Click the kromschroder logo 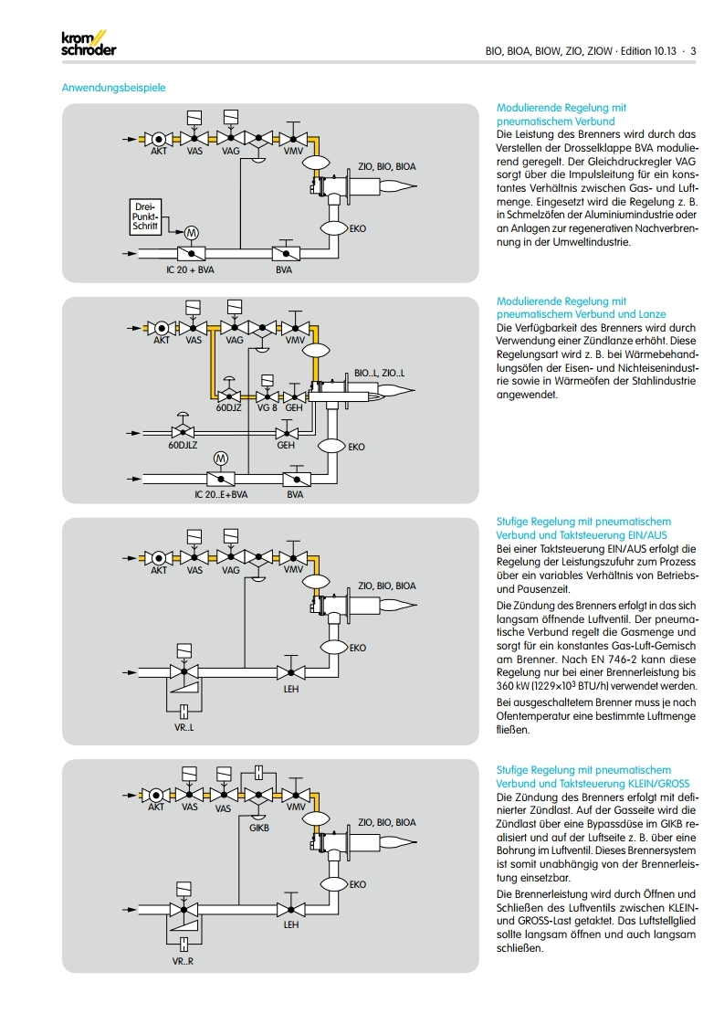click(x=88, y=44)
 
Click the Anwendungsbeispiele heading click(x=113, y=89)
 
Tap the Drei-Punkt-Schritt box click(x=146, y=217)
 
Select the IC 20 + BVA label click(x=190, y=271)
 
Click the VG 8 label click(x=267, y=408)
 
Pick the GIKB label click(x=259, y=829)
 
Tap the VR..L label click(x=184, y=728)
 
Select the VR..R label click(x=184, y=962)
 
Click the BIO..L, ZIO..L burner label click(x=379, y=374)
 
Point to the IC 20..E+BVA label click(x=221, y=494)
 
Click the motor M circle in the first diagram click(x=191, y=230)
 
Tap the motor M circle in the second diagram click(x=220, y=457)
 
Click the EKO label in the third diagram click(x=357, y=648)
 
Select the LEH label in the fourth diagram click(x=291, y=924)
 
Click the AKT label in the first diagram click(x=159, y=152)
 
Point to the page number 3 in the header click(x=693, y=51)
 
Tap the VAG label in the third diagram click(x=231, y=570)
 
